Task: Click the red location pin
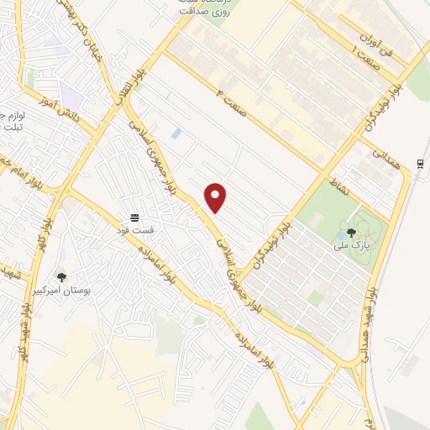coord(216,197)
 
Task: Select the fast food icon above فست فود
coord(134,216)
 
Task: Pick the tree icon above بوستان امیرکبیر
coord(60,275)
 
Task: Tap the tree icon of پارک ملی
coord(351,232)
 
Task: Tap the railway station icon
coord(419,163)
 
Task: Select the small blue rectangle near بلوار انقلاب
coord(176,134)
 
